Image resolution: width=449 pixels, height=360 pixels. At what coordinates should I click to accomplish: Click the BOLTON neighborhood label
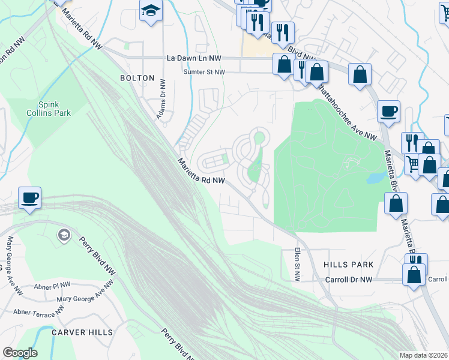click(x=137, y=78)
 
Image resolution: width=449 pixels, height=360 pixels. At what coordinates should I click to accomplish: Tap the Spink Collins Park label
click(x=49, y=108)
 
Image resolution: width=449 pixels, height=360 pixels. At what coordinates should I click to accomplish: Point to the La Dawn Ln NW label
click(x=194, y=58)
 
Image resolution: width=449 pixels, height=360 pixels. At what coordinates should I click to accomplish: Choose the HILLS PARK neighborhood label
click(x=348, y=265)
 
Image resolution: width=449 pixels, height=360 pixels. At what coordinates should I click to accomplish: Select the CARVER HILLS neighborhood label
click(x=82, y=332)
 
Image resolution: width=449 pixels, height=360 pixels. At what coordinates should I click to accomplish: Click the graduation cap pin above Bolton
click(x=151, y=10)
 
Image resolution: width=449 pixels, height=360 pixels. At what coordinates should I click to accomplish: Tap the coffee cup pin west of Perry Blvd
click(x=29, y=197)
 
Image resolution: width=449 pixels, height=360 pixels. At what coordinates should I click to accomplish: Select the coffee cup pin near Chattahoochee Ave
click(x=388, y=110)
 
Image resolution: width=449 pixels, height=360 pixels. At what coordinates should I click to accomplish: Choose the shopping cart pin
click(x=412, y=162)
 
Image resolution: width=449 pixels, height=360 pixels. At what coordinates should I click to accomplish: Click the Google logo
click(x=20, y=353)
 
